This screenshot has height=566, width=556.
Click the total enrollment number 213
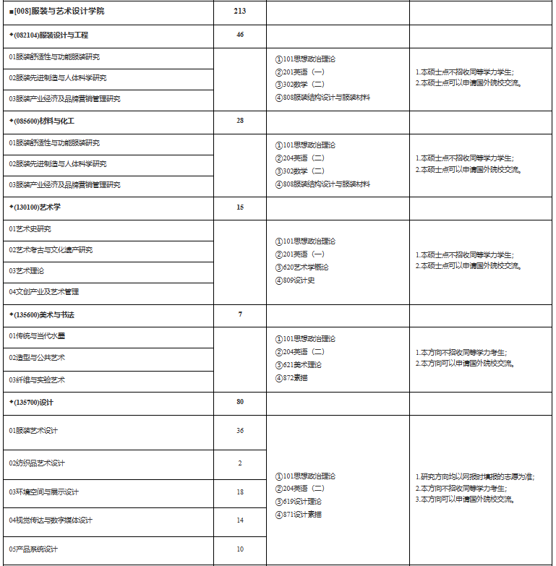pyautogui.click(x=240, y=12)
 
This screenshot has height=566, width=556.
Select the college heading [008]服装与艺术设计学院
pyautogui.click(x=59, y=12)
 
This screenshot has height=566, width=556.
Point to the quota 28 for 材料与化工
pyautogui.click(x=240, y=121)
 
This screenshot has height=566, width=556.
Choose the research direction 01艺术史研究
pyautogui.click(x=30, y=229)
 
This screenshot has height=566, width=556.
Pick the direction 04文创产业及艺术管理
pyautogui.click(x=44, y=292)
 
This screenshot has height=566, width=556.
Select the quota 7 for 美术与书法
pyautogui.click(x=240, y=314)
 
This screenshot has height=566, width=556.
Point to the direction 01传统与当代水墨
pyautogui.click(x=38, y=336)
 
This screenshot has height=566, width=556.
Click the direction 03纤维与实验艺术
pyautogui.click(x=38, y=380)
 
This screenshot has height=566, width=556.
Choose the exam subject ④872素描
pyautogui.click(x=291, y=378)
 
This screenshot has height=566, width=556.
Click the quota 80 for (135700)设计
pyautogui.click(x=240, y=402)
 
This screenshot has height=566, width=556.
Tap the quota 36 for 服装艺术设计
pyautogui.click(x=240, y=431)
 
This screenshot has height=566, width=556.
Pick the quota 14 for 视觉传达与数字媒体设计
pyautogui.click(x=240, y=520)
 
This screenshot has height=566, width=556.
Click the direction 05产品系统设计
pyautogui.click(x=34, y=549)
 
